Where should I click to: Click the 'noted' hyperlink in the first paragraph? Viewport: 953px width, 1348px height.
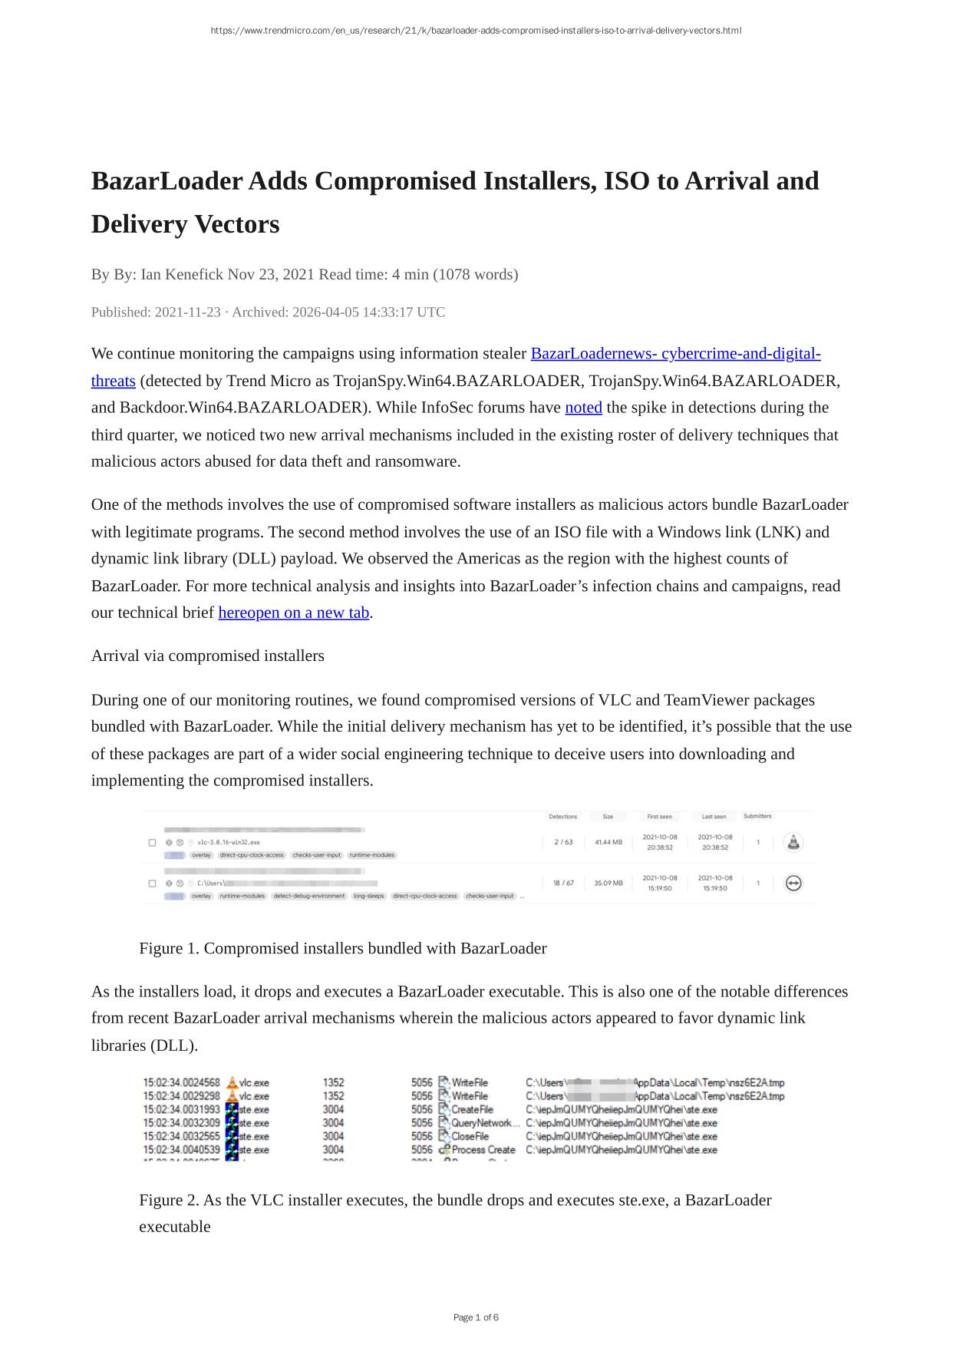(583, 408)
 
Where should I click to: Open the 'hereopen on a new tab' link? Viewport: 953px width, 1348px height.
(294, 613)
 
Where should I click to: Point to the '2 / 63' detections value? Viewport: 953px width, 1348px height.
(563, 842)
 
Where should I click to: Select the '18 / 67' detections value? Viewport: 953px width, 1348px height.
(563, 883)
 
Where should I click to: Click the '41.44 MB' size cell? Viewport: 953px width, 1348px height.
(608, 842)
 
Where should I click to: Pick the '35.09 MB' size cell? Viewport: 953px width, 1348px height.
(608, 883)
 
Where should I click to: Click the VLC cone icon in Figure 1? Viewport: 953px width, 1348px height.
(793, 842)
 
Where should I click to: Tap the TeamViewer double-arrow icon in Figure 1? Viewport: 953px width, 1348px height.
(793, 883)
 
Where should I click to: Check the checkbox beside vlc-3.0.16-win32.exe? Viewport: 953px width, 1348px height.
(152, 843)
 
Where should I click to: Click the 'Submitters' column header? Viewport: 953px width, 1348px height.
(757, 816)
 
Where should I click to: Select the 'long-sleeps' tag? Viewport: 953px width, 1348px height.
(369, 896)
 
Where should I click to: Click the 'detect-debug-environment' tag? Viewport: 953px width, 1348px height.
(309, 896)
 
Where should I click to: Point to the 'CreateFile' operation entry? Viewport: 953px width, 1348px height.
(472, 1109)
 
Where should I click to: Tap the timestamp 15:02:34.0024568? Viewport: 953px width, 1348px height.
(181, 1082)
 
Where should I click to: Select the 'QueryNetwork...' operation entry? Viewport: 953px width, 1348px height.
(485, 1123)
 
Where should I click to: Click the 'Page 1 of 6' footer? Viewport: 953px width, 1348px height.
(476, 1317)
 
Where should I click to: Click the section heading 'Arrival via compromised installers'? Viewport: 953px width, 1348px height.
(208, 656)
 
